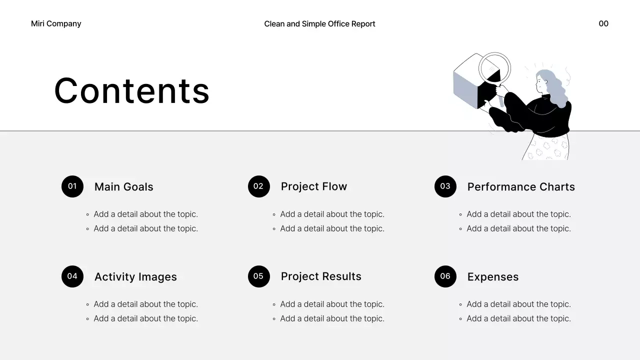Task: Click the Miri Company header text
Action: coord(56,23)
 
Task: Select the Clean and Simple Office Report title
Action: coord(319,23)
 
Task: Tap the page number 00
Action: coord(603,23)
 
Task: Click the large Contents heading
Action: coord(132,91)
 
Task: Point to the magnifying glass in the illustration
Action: coord(494,67)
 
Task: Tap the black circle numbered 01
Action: coord(72,186)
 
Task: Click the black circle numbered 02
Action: coord(258,186)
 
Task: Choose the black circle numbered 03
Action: coord(445,186)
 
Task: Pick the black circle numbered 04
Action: coord(72,276)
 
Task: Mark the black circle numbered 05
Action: coord(258,276)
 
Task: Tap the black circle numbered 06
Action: coord(445,276)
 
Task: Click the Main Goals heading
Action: coord(123,187)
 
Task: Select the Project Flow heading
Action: coord(313,186)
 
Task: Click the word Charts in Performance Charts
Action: coord(555,187)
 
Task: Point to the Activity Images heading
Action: coord(135,277)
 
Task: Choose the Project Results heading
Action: coord(321,276)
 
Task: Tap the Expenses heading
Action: coord(492,277)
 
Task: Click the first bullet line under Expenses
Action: coord(518,304)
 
